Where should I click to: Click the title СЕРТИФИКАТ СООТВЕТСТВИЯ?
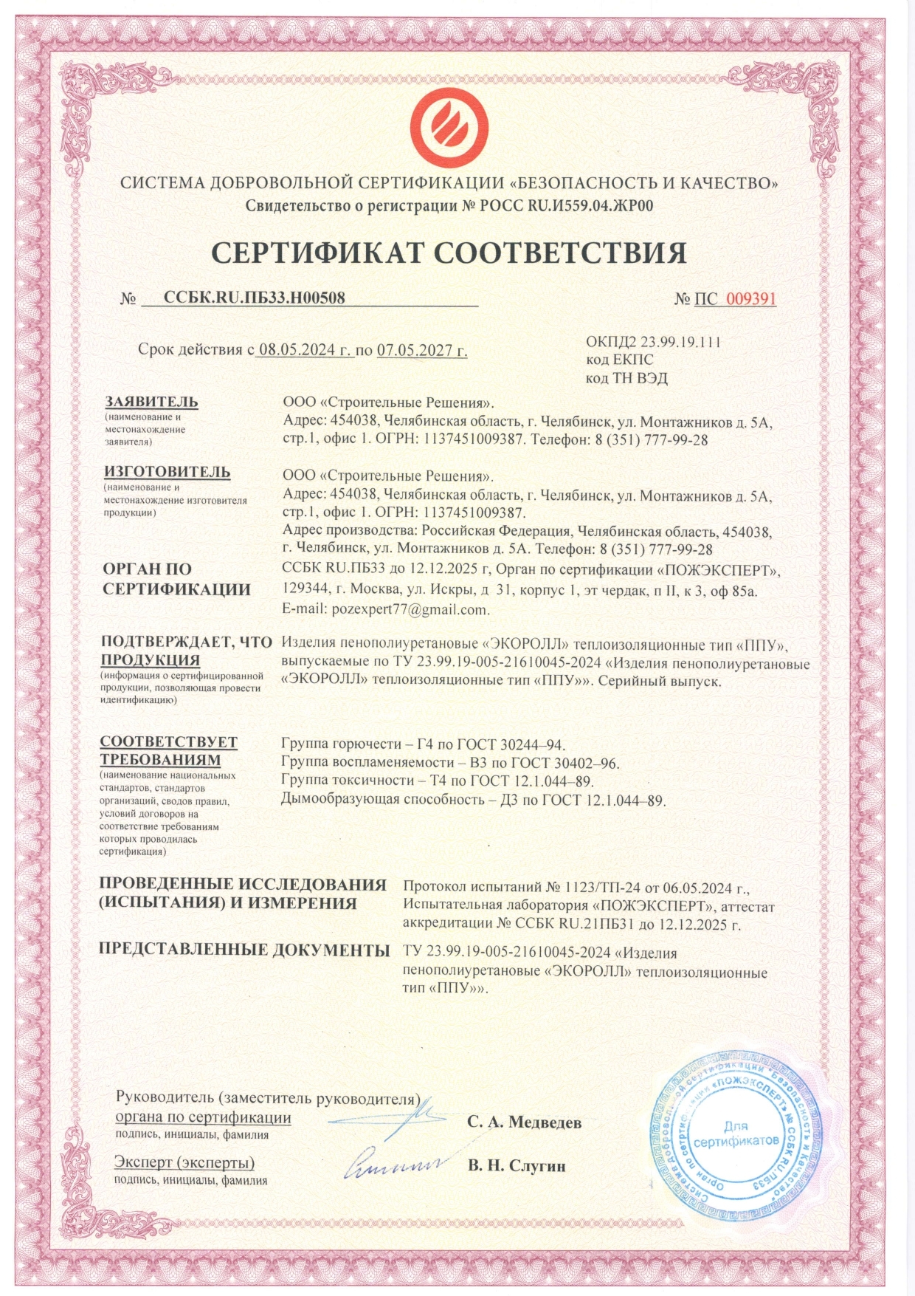(449, 253)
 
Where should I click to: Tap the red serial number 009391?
(750, 298)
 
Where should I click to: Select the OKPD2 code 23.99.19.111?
(680, 342)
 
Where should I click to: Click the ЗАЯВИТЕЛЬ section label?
(151, 402)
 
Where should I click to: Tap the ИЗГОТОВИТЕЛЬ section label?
(167, 471)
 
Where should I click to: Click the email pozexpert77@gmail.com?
(385, 610)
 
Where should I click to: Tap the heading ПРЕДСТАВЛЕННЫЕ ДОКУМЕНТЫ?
(244, 950)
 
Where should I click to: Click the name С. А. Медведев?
(524, 1122)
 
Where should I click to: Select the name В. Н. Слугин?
(517, 1166)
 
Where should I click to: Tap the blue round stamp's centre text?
(736, 1134)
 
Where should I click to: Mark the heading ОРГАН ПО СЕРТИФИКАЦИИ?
(176, 579)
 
